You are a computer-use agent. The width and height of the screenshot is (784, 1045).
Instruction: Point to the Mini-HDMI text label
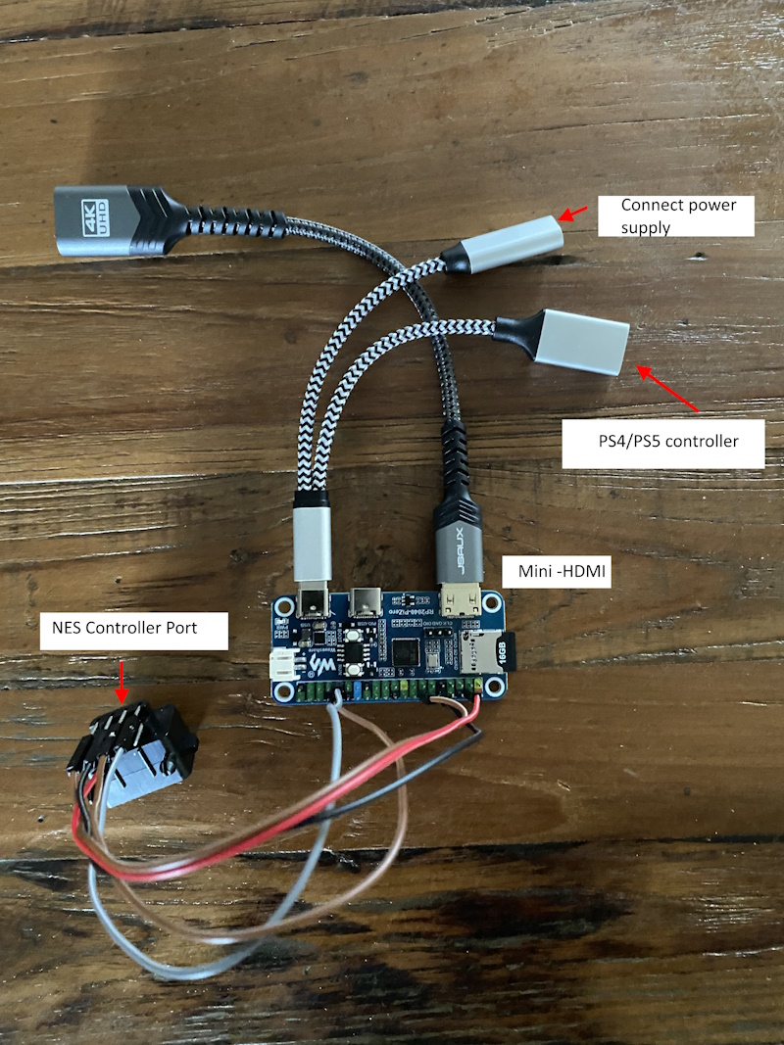[x=557, y=571]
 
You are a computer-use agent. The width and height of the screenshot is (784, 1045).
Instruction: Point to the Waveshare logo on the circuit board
[x=320, y=666]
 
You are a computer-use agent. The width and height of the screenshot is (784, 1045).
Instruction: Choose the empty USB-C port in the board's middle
[x=367, y=599]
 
